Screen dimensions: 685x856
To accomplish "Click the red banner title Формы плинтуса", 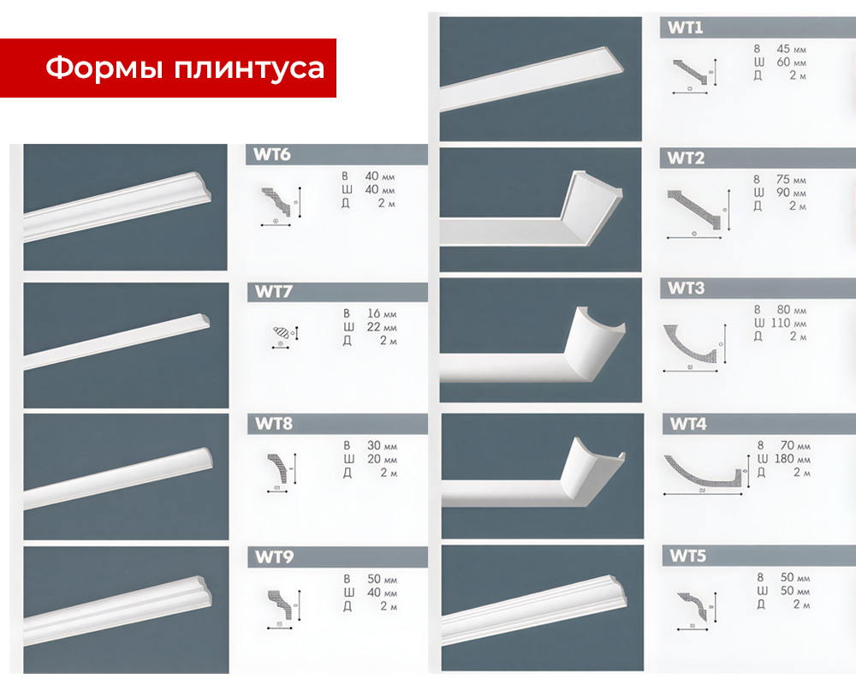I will tap(184, 68).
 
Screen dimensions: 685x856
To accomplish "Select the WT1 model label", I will tap(687, 27).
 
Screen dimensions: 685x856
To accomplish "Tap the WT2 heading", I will tap(687, 158).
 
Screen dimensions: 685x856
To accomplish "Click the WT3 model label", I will tap(687, 289).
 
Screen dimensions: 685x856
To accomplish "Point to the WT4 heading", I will tap(687, 424).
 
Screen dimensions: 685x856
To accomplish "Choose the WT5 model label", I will tap(687, 557).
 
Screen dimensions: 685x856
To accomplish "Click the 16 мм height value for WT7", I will tap(377, 313).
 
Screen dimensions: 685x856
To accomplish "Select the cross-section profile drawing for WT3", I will tap(694, 346).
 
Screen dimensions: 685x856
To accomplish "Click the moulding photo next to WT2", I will tap(541, 210).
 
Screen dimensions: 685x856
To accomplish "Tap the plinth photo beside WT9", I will tap(126, 610).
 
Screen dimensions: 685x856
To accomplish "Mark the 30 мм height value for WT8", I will tap(377, 445).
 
